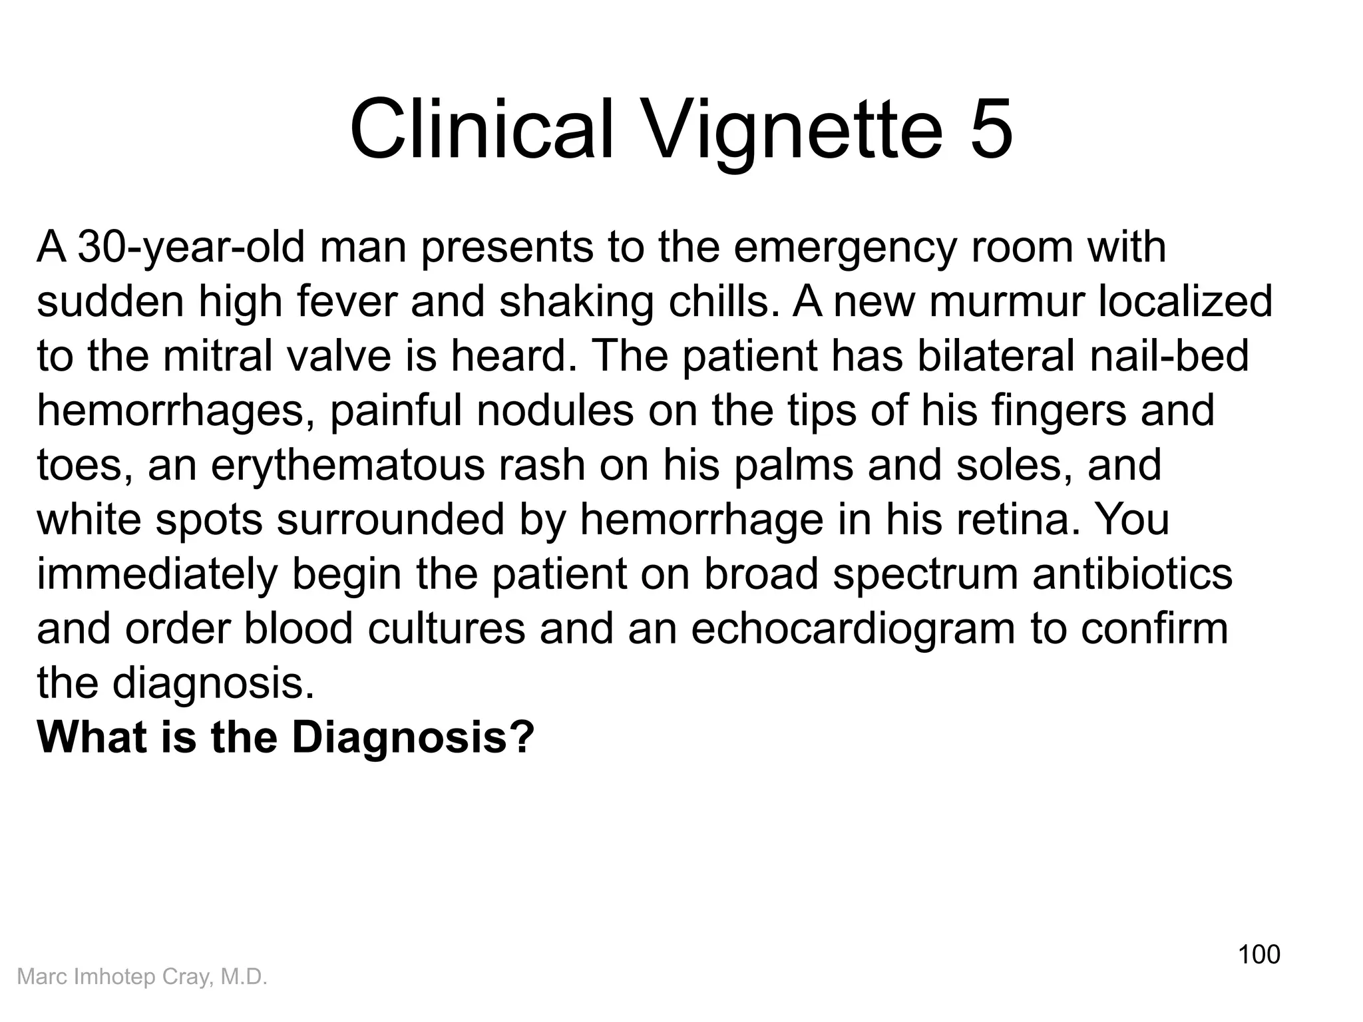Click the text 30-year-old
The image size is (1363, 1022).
192,248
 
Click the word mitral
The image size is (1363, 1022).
216,356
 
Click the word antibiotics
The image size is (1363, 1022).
1132,574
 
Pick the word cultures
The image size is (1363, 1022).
446,629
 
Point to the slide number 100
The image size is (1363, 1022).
1259,954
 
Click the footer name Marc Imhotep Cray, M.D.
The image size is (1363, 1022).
142,977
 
